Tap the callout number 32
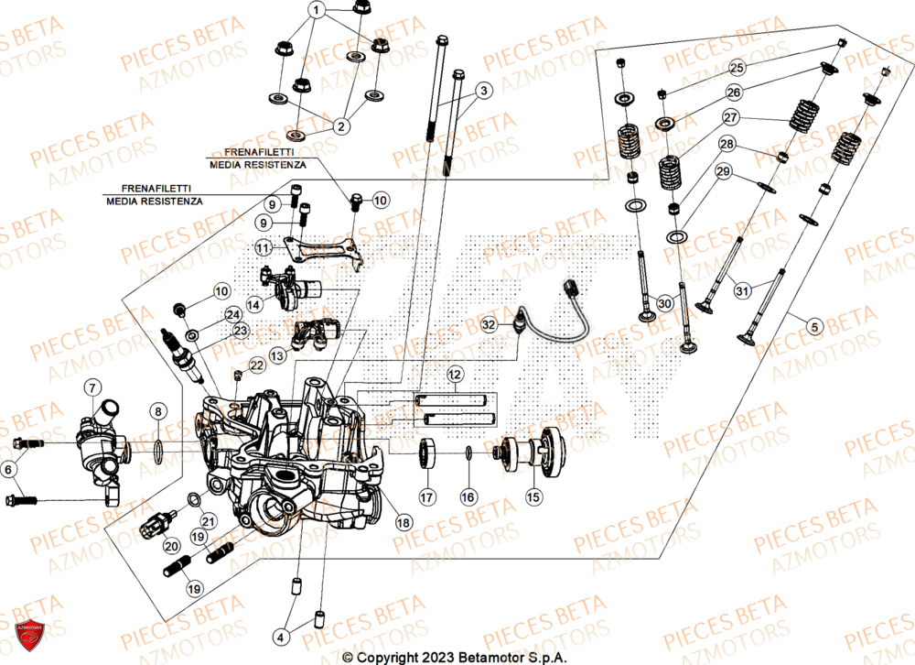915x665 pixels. click(490, 324)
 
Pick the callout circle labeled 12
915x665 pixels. click(455, 374)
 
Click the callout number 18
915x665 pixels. click(404, 521)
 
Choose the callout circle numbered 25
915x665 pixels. click(737, 68)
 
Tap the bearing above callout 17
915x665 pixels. click(426, 454)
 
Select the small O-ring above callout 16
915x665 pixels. click(468, 453)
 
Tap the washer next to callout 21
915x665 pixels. click(194, 498)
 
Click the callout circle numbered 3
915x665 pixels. click(484, 90)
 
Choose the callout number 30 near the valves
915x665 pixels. click(665, 303)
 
